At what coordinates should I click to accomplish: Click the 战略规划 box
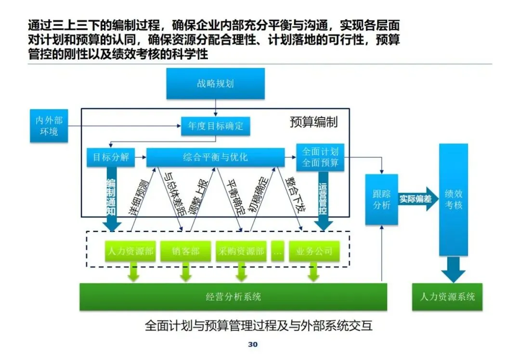click(x=216, y=84)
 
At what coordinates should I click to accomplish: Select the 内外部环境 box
click(x=49, y=126)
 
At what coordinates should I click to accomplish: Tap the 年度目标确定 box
click(x=216, y=126)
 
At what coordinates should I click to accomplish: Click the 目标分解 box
click(x=111, y=157)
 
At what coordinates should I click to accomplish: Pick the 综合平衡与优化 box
click(x=216, y=157)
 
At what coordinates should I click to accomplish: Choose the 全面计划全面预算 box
click(x=320, y=157)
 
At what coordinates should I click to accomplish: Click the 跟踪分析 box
click(x=382, y=199)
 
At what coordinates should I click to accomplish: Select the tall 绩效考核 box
click(x=454, y=200)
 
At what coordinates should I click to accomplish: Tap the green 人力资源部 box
click(x=130, y=251)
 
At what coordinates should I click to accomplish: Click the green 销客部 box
click(x=186, y=251)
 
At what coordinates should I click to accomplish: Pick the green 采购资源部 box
click(x=241, y=251)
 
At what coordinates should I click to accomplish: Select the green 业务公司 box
click(x=314, y=251)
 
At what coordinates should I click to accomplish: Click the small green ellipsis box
click(x=278, y=251)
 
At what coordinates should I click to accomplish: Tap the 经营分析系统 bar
click(x=233, y=296)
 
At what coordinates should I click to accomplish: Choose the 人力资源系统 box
click(x=447, y=296)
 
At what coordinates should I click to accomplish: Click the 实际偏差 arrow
click(x=418, y=199)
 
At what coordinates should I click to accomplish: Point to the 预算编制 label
click(x=314, y=122)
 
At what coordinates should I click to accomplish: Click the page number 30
click(x=253, y=345)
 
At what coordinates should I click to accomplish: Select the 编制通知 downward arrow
click(x=111, y=198)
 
